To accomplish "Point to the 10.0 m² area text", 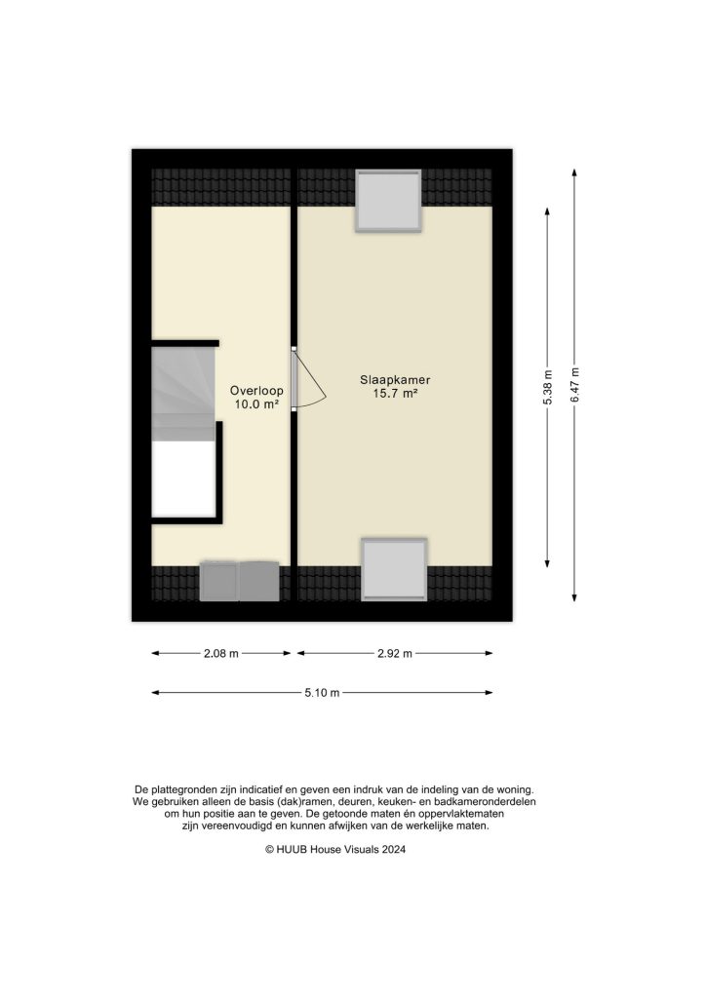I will tap(256, 403).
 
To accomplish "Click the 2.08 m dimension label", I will tap(221, 653).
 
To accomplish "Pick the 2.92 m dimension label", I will tap(393, 653).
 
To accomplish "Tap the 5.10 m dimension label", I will tap(321, 693).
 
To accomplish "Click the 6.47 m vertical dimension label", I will tap(575, 384).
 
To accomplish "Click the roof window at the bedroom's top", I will tap(388, 201).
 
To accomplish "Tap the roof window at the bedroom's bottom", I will tap(394, 570).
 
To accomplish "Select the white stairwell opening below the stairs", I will tap(182, 480).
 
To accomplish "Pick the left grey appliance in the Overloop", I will tap(218, 581).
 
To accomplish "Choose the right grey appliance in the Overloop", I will tap(258, 581).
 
